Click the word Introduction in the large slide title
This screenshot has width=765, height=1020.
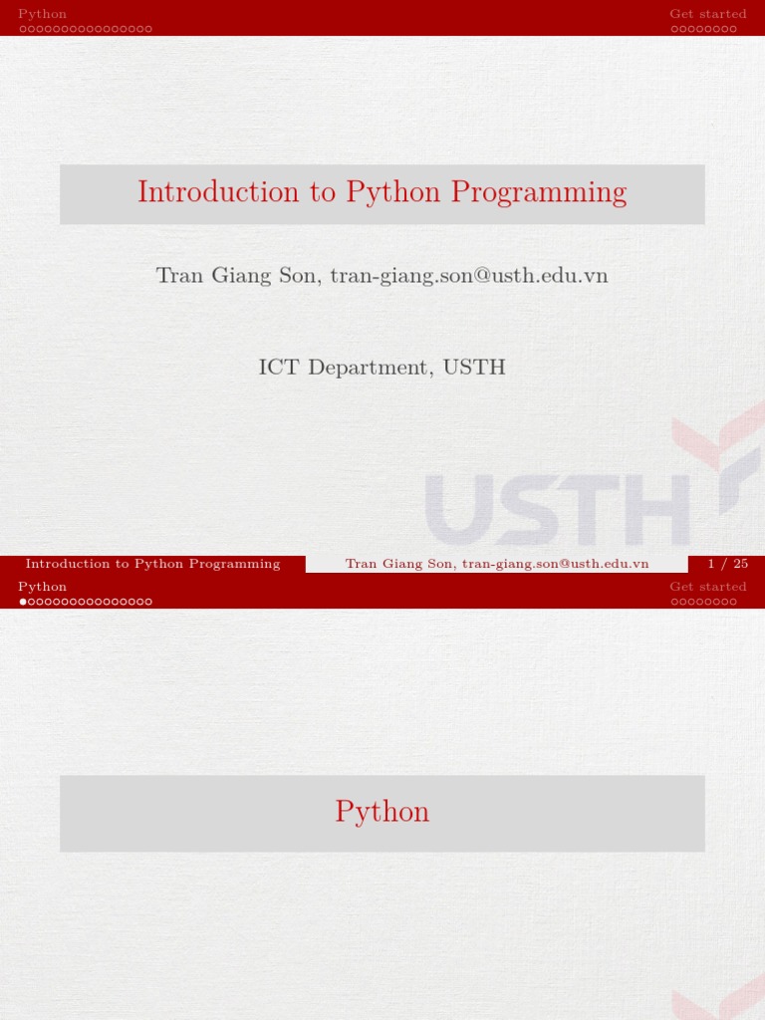(x=218, y=192)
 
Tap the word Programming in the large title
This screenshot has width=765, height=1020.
(x=538, y=192)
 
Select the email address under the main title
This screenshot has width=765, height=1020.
(x=468, y=275)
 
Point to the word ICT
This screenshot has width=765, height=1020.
(x=279, y=368)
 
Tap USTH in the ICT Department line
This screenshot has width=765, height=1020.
(x=474, y=368)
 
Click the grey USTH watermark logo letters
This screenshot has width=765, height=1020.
(x=558, y=510)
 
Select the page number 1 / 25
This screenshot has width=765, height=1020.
(x=727, y=564)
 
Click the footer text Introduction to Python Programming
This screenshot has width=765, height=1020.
(x=152, y=564)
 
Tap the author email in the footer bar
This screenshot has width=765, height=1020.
(x=555, y=564)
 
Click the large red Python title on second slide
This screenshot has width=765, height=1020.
(x=382, y=812)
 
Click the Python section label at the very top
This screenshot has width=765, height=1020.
(x=43, y=14)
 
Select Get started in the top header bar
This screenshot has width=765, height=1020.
(x=707, y=14)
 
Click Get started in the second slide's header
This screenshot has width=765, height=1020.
(x=707, y=587)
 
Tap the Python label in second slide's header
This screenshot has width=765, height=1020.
(x=43, y=587)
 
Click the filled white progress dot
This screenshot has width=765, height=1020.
(x=23, y=602)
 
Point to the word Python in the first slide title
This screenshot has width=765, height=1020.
(x=393, y=192)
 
